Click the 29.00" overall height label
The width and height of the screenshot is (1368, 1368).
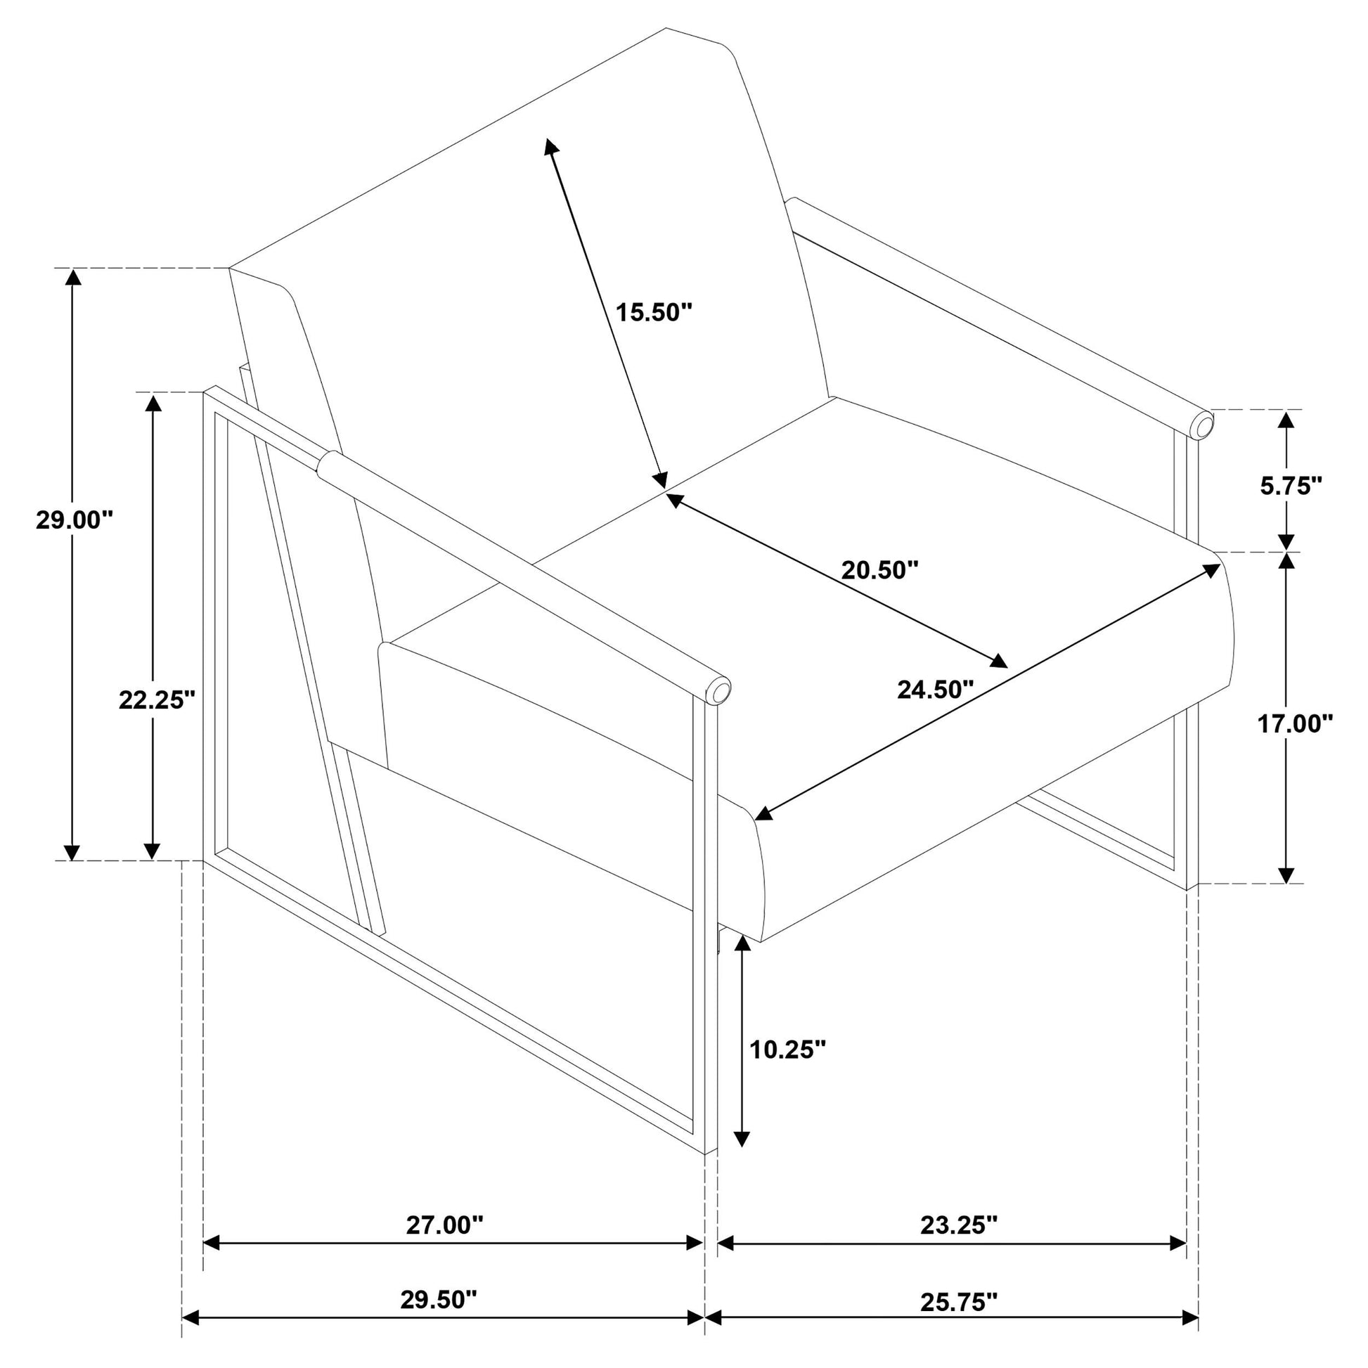[75, 520]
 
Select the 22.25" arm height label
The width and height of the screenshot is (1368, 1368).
[157, 700]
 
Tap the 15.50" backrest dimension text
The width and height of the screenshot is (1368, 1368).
[653, 312]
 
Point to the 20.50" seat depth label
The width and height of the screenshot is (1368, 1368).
[879, 569]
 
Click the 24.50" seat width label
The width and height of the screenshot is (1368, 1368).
[936, 689]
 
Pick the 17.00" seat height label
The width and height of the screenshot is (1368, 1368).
[1295, 723]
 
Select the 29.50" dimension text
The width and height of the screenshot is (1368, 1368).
[439, 1300]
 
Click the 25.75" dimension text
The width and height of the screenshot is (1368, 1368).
[959, 1301]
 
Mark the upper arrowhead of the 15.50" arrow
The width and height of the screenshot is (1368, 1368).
[551, 146]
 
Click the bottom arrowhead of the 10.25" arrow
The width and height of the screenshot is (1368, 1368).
[742, 1157]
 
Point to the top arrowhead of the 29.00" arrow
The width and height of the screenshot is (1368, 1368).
[72, 278]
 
